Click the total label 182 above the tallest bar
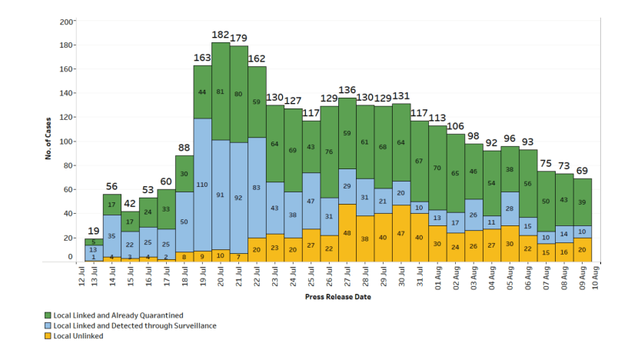(x=221, y=35)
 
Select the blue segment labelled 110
(x=203, y=185)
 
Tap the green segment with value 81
(x=221, y=92)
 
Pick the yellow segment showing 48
(x=347, y=233)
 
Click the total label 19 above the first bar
(x=94, y=231)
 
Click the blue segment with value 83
(x=258, y=188)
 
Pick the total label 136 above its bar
(x=347, y=89)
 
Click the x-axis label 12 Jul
(x=81, y=275)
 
